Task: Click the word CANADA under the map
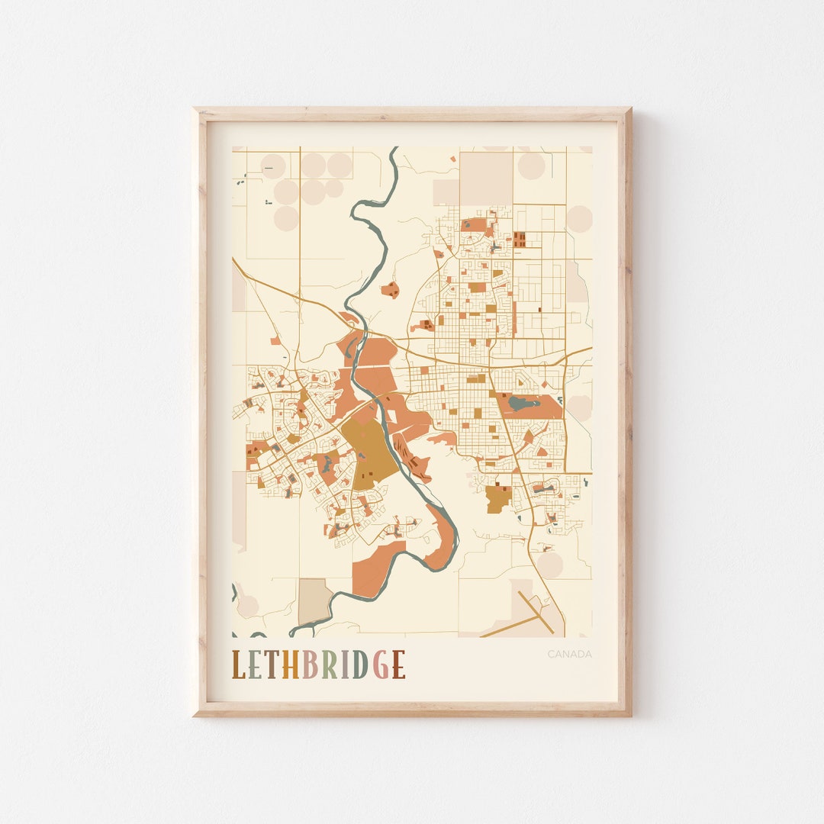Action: pyautogui.click(x=569, y=654)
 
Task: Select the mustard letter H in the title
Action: pyautogui.click(x=291, y=665)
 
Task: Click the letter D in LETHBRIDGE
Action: pyautogui.click(x=360, y=665)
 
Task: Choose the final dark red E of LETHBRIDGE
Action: pyautogui.click(x=398, y=665)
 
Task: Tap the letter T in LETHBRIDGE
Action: pyautogui.click(x=273, y=665)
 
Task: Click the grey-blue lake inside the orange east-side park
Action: pyautogui.click(x=523, y=403)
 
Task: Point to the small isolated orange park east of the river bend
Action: pyautogui.click(x=391, y=290)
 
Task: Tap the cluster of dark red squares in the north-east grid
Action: pyautogui.click(x=520, y=240)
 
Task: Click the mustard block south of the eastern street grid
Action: pyautogui.click(x=498, y=498)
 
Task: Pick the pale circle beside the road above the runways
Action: pyautogui.click(x=549, y=565)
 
